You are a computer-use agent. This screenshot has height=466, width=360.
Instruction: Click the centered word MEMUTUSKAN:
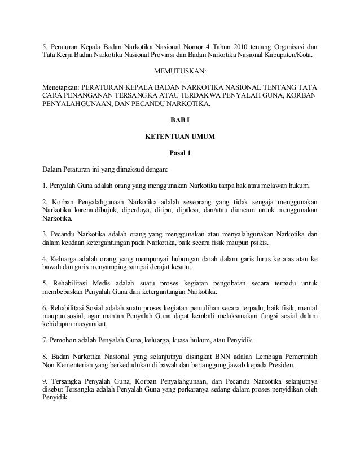coord(180,72)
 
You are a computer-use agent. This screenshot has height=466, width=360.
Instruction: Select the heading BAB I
coord(180,120)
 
